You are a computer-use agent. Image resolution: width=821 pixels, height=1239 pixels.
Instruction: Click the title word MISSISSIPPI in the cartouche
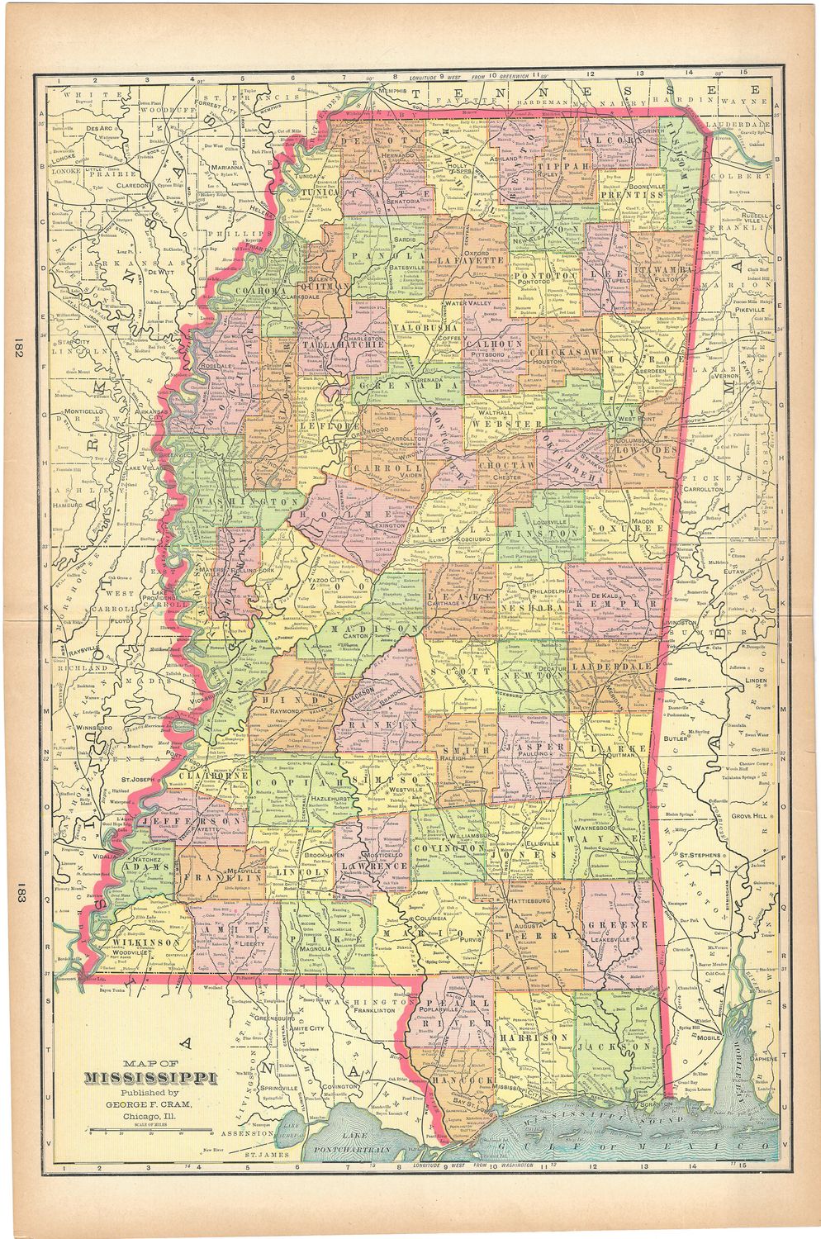click(x=149, y=1078)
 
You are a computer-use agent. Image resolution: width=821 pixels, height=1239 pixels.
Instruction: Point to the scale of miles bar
click(x=150, y=1128)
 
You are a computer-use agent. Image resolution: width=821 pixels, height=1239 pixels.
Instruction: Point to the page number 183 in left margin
click(x=17, y=895)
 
